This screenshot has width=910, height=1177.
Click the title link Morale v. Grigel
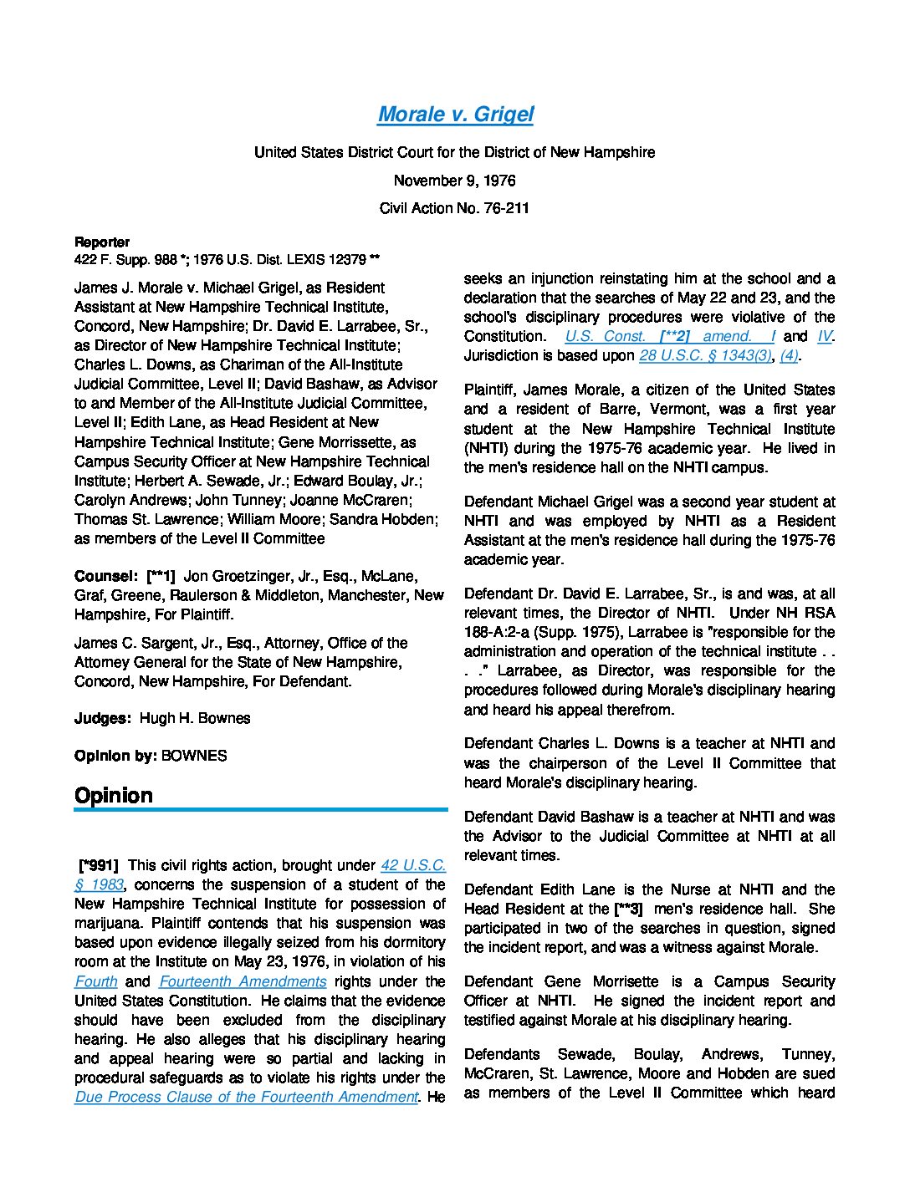point(455,115)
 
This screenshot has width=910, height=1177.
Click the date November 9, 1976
point(454,181)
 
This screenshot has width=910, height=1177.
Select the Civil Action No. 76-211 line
point(454,208)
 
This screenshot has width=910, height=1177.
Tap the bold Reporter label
point(102,242)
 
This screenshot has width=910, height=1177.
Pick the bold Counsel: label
point(105,576)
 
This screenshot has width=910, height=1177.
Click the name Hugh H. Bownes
point(195,718)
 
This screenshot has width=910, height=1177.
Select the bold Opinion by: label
point(115,756)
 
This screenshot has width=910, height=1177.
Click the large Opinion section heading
point(114,795)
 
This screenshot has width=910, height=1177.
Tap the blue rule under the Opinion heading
point(261,810)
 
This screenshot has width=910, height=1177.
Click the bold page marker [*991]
point(99,866)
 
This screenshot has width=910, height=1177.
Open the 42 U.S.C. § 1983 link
point(413,866)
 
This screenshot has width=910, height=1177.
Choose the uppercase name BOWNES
point(194,756)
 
